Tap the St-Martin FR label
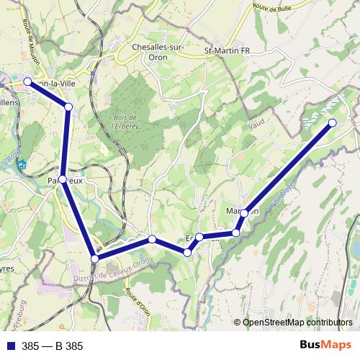pyautogui.click(x=227, y=51)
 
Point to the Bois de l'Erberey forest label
pyautogui.click(x=124, y=120)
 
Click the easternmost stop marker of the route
pyautogui.click(x=333, y=123)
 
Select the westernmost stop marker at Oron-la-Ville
pyautogui.click(x=27, y=82)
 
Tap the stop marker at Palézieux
pyautogui.click(x=63, y=179)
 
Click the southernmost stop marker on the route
pyautogui.click(x=94, y=258)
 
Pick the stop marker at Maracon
pyautogui.click(x=245, y=212)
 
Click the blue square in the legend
pyautogui.click(x=10, y=346)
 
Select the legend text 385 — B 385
pyautogui.click(x=52, y=346)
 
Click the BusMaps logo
pyautogui.click(x=321, y=345)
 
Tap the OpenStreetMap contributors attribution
pyautogui.click(x=297, y=323)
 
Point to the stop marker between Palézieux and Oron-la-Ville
pyautogui.click(x=68, y=107)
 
